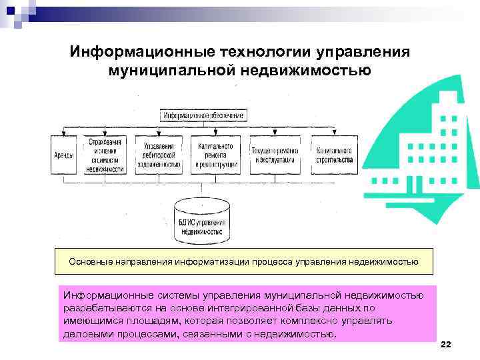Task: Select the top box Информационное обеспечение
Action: click(x=203, y=115)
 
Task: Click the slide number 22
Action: click(x=446, y=343)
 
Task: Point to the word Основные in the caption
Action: click(x=89, y=262)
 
